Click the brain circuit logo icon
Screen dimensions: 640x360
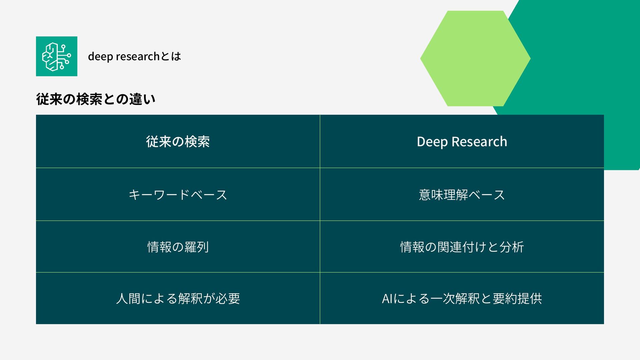coord(56,56)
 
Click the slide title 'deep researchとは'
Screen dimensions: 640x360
coord(134,56)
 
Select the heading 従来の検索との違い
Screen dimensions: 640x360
coord(96,99)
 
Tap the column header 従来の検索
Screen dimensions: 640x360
coord(178,142)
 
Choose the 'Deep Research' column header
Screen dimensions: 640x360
coord(462,142)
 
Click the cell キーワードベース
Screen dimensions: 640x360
coord(178,195)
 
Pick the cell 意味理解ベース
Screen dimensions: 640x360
coord(462,195)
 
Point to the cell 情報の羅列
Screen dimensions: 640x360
coord(178,247)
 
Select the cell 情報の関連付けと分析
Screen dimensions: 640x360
coord(462,247)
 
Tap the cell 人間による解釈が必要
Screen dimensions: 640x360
coord(178,298)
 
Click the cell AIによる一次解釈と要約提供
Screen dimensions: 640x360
coord(462,298)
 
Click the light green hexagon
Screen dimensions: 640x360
coord(475,58)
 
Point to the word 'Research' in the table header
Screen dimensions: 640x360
coord(479,142)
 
